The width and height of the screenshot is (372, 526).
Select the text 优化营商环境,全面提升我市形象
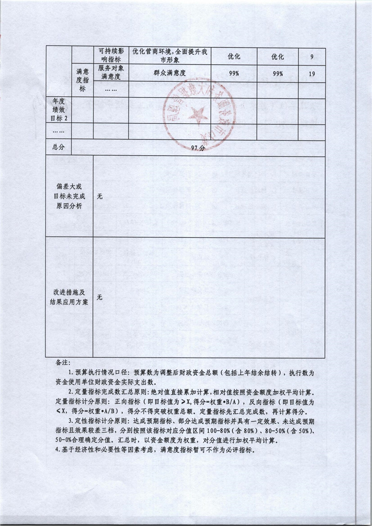[170, 56]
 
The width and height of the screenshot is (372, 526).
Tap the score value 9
[311, 57]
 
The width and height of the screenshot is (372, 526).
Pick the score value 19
[311, 73]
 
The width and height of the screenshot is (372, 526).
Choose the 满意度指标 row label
[82, 79]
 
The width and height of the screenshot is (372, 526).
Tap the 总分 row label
[58, 147]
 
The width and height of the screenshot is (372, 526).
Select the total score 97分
[198, 147]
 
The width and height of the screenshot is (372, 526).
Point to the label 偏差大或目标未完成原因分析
[69, 196]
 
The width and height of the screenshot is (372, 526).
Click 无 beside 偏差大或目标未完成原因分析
[100, 196]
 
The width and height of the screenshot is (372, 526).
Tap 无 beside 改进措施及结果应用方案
[100, 298]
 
